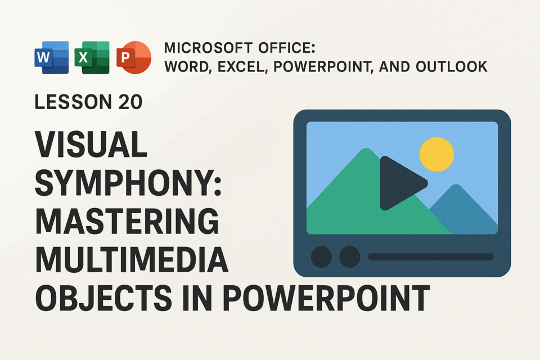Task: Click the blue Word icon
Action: pos(52,57)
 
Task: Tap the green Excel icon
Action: pos(92,57)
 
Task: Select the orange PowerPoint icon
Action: pos(134,57)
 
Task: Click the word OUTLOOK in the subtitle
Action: pos(452,67)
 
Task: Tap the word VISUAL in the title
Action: pos(91,144)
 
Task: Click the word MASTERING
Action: pos(127,221)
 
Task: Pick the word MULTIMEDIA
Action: pos(132,259)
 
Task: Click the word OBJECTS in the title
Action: pos(103,298)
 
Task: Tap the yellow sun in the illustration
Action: pos(436,154)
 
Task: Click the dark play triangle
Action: pos(401,183)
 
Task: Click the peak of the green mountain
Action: pos(366,148)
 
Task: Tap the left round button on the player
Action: pos(321,257)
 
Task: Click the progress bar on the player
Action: pos(430,257)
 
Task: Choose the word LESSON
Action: pos(73,102)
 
